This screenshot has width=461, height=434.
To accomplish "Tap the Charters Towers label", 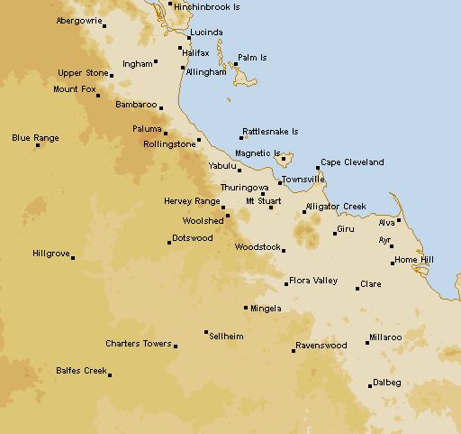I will (138, 343).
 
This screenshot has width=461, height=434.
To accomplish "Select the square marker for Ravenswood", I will (294, 350).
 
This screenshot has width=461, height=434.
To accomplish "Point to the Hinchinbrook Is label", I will (208, 5).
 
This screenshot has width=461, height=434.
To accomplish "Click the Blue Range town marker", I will (38, 145).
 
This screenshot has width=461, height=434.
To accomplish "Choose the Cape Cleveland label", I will (352, 162).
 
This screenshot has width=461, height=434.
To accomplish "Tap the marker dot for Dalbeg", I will (370, 386).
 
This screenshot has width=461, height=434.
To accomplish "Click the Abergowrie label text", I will (78, 20).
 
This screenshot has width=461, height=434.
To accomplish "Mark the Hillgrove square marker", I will (73, 258).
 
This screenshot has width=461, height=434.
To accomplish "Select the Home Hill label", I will (413, 261).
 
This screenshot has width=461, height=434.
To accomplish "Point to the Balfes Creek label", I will (81, 370).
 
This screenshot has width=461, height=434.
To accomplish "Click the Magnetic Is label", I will (258, 153).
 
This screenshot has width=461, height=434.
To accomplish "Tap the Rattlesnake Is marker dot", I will (241, 138).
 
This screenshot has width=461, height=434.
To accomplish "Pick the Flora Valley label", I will (313, 281).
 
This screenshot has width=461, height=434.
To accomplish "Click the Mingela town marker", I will (246, 308).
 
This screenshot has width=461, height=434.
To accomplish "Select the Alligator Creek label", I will (336, 207).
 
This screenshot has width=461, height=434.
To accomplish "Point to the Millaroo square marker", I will (367, 343).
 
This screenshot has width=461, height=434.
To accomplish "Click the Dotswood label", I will (193, 238).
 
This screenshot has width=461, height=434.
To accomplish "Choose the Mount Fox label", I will (75, 89).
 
